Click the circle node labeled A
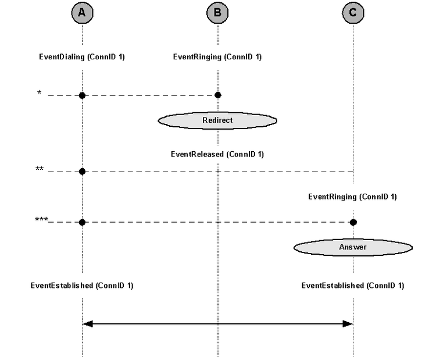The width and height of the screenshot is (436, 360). coord(83,13)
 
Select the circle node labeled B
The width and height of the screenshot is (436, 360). coord(218,13)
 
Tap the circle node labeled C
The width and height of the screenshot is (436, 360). coord(353,13)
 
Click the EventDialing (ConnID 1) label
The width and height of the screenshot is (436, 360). coord(82,57)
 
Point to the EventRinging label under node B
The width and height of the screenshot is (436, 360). coord(217,57)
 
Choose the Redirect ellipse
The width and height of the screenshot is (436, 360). coord(217,120)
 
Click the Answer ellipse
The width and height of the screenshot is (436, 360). coord(353,247)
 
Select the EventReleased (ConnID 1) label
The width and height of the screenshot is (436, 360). coord(217,154)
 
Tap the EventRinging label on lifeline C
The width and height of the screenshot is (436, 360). coord(353,197)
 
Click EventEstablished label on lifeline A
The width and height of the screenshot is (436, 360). coord(82,286)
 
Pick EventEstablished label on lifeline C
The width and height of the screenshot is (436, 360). coord(353,286)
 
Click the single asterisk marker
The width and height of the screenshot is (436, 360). coord(39,92)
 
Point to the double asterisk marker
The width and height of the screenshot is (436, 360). coord(40,169)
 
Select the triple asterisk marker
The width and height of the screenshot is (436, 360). coord(41,219)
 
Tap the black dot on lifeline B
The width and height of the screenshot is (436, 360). coord(218,95)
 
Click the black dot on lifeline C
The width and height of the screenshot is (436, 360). coord(353,222)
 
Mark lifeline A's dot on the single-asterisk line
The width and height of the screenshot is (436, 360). coord(82,95)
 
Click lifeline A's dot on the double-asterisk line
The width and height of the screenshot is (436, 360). coord(82,172)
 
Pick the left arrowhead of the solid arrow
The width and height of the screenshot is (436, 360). coord(88,324)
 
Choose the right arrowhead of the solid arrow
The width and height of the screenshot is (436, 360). coord(348,324)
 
